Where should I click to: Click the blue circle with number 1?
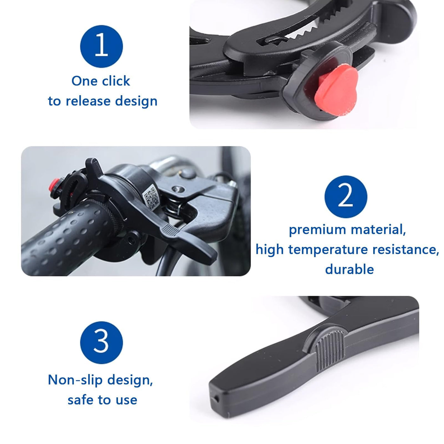(101, 46)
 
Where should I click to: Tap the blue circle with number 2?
(346, 197)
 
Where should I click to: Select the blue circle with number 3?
(101, 343)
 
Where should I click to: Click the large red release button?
(336, 87)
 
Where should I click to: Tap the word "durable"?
(349, 269)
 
